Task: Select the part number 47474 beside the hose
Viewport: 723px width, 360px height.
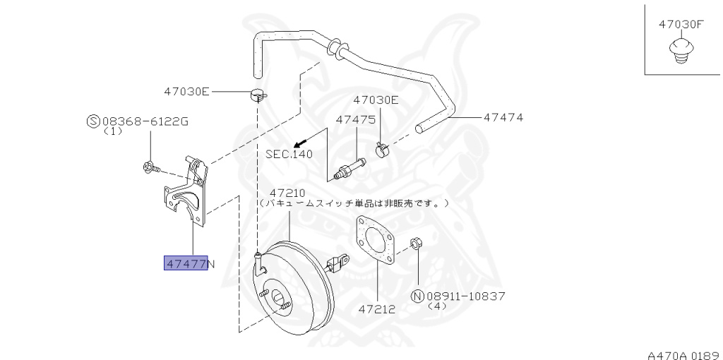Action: coord(503,117)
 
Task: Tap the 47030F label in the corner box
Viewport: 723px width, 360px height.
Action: coord(681,24)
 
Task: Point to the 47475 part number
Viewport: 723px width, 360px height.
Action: coord(355,119)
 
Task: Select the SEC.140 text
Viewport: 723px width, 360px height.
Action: coord(289,153)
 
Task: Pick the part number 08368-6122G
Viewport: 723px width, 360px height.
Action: coord(145,121)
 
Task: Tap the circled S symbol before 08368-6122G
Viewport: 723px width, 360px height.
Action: coord(92,121)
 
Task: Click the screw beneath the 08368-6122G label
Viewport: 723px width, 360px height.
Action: coord(149,167)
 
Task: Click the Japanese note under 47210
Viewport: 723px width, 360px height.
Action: coord(353,203)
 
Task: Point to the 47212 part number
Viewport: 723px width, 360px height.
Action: coord(376,309)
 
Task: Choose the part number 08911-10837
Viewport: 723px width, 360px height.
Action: coord(465,296)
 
